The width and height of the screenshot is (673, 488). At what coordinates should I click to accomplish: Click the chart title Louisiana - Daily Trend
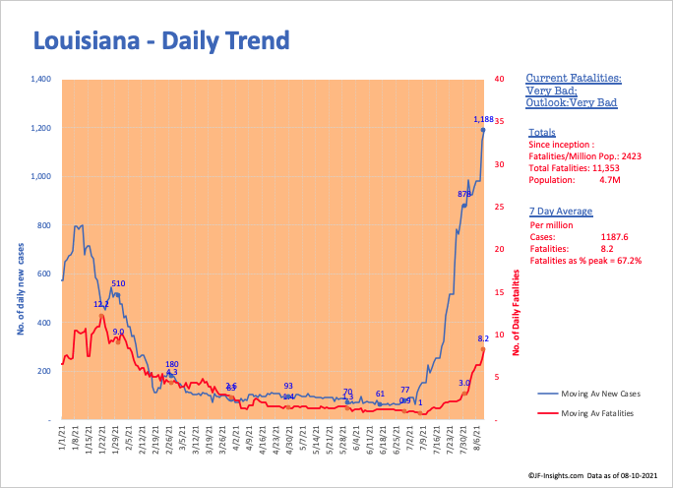[162, 41]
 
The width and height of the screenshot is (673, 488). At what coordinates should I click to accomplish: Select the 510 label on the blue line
[118, 283]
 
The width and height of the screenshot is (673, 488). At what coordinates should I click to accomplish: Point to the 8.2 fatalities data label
[484, 338]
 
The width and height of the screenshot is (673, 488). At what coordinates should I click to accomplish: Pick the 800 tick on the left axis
[43, 225]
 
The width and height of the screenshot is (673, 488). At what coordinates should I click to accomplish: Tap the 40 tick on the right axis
[499, 80]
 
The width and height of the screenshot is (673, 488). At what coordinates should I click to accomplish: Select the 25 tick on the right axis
[499, 208]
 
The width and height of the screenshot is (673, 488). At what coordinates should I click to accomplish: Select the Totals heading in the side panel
[541, 132]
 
